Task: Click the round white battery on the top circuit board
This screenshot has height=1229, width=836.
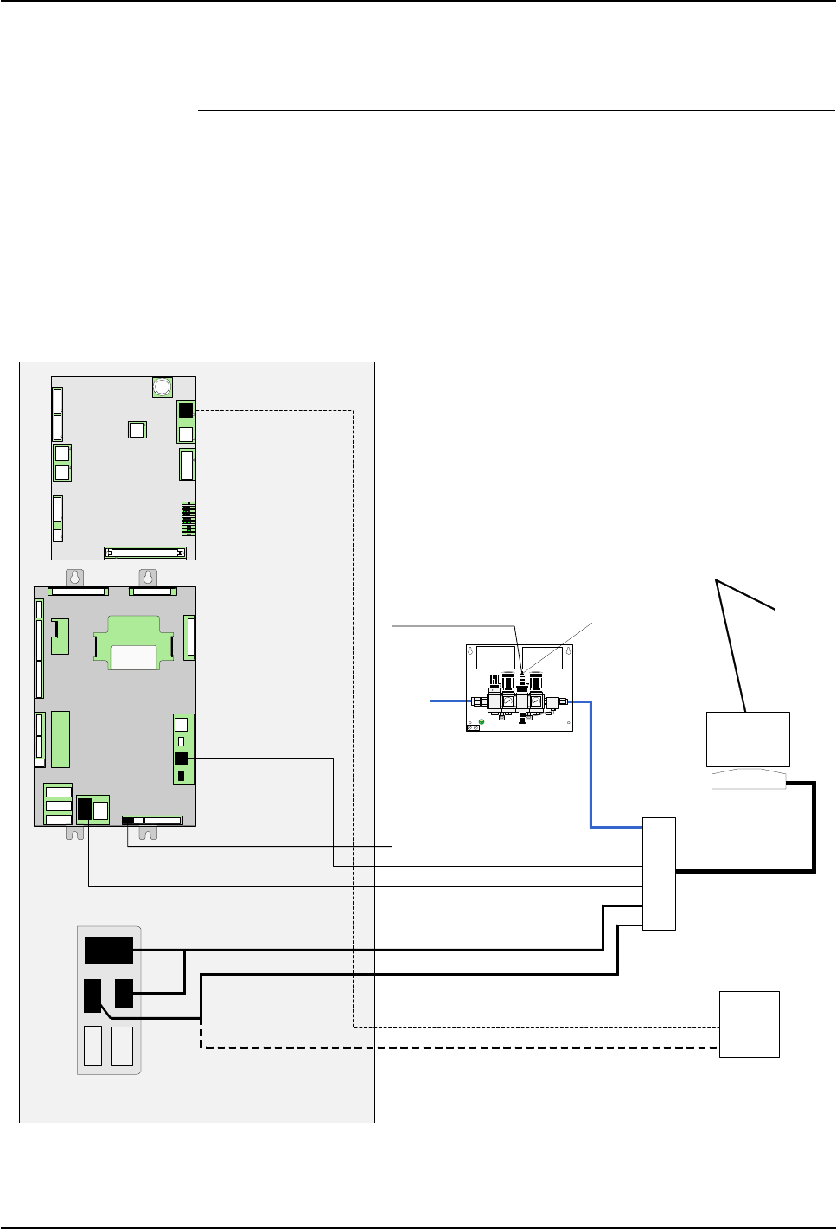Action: click(162, 387)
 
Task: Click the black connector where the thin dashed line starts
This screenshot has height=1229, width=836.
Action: click(185, 411)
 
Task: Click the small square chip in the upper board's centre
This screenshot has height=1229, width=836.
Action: click(137, 430)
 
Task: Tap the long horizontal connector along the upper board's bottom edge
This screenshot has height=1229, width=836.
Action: click(145, 552)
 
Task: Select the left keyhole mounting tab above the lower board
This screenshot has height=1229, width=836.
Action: click(76, 577)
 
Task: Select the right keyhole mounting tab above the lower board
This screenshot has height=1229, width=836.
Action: click(149, 577)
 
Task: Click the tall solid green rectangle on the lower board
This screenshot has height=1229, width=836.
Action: click(60, 739)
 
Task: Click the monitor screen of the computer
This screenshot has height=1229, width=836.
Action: click(748, 739)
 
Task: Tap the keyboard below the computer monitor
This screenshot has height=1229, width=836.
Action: click(749, 781)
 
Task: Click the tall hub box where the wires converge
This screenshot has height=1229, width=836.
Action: click(659, 874)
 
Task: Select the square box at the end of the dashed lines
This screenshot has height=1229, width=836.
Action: click(750, 1024)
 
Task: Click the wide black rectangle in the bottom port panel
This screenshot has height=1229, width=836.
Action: click(109, 950)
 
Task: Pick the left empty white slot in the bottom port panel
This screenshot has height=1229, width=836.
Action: click(93, 1046)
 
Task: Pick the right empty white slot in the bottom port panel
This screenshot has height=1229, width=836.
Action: click(122, 1046)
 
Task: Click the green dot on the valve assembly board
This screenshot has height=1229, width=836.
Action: click(481, 721)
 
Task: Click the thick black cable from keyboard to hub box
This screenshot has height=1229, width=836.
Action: click(813, 830)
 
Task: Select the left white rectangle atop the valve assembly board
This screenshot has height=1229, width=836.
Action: click(495, 656)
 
